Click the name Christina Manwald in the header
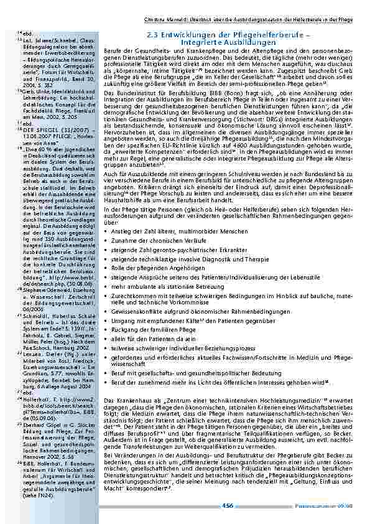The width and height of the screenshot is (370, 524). [167, 19]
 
